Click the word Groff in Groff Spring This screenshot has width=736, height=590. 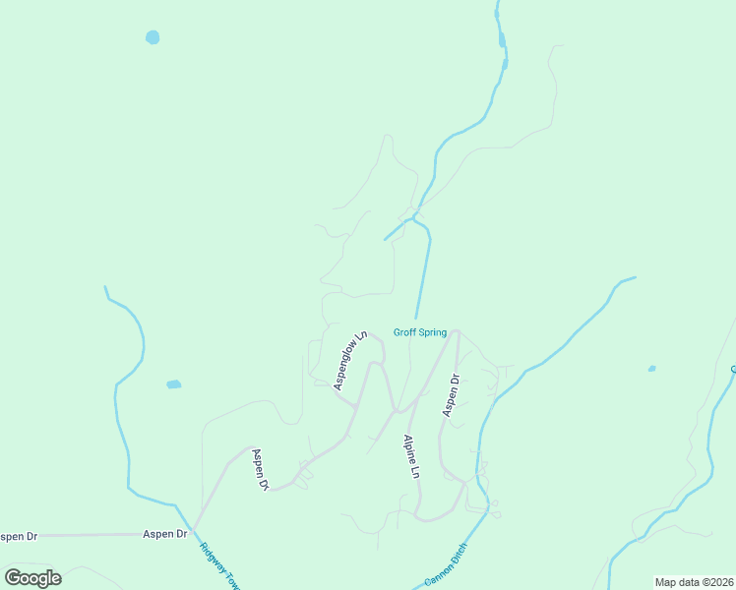[x=405, y=332]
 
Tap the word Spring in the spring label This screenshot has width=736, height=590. [x=433, y=332]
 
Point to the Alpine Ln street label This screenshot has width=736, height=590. [x=411, y=456]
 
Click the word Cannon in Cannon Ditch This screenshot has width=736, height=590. [x=437, y=575]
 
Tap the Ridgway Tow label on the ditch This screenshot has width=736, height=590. [x=219, y=565]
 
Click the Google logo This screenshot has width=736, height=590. [x=32, y=578]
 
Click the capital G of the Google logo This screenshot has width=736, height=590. [x=13, y=578]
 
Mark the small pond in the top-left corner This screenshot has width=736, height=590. [x=153, y=37]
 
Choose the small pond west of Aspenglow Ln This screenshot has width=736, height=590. [x=174, y=383]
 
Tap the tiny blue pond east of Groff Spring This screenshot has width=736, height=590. [x=651, y=369]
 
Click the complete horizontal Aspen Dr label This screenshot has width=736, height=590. [x=164, y=534]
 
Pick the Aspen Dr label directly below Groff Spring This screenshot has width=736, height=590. [x=451, y=394]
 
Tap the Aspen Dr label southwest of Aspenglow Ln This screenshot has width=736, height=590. [x=260, y=469]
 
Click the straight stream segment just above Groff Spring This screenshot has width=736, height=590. [x=423, y=275]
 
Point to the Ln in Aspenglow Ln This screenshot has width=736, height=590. [x=361, y=335]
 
